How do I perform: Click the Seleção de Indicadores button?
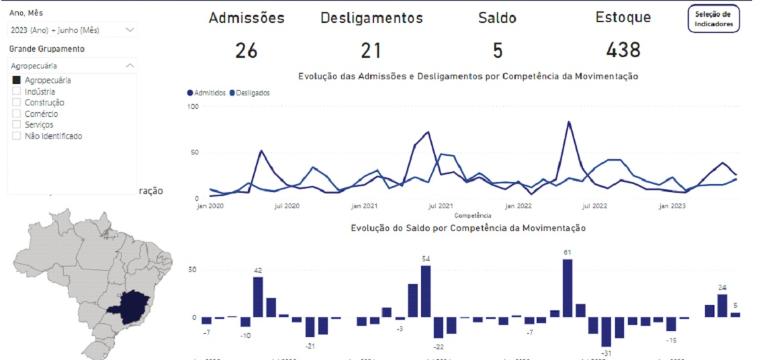[713, 19]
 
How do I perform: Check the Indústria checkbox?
[16, 91]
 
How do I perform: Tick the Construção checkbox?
[16, 103]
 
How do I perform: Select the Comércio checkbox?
[16, 114]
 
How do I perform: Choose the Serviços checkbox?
[16, 125]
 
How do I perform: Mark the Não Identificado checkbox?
[16, 136]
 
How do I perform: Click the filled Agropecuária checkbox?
[16, 81]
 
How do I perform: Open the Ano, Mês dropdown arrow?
[130, 30]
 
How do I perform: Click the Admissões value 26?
[246, 50]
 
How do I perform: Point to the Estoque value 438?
[623, 50]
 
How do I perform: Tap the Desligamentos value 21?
[371, 50]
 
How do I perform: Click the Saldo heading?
[497, 18]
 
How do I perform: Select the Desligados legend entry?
[250, 93]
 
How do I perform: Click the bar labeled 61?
[567, 288]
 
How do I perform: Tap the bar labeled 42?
[258, 297]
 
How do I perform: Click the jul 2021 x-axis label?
[439, 207]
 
